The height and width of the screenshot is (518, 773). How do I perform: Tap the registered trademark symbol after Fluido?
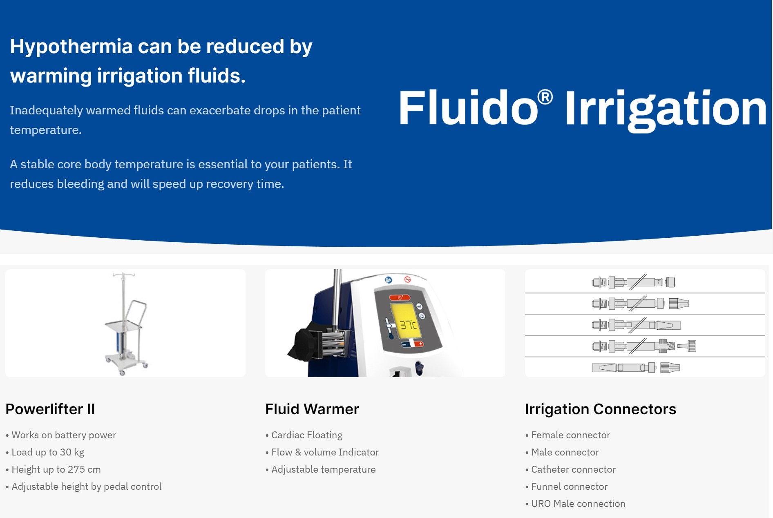pyautogui.click(x=545, y=98)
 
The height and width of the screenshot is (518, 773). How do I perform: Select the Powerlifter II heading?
pyautogui.click(x=50, y=409)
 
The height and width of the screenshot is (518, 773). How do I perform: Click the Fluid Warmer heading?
pyautogui.click(x=312, y=409)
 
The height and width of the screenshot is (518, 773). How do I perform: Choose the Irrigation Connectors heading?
pyautogui.click(x=601, y=409)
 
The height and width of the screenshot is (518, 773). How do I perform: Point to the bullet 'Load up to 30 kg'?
pyautogui.click(x=45, y=452)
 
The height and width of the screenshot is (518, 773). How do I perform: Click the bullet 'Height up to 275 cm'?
pyautogui.click(x=53, y=469)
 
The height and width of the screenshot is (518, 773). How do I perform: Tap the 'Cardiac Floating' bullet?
pyautogui.click(x=304, y=435)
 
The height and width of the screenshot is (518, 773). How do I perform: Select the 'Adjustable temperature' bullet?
pyautogui.click(x=320, y=469)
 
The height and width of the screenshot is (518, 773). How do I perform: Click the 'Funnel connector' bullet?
pyautogui.click(x=566, y=487)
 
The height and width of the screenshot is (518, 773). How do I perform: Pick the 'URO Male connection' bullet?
pyautogui.click(x=575, y=504)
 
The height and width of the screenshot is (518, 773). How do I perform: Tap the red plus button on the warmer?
pyautogui.click(x=420, y=344)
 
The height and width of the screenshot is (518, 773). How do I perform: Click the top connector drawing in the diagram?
pyautogui.click(x=633, y=282)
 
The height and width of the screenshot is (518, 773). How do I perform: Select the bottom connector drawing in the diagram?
pyautogui.click(x=636, y=368)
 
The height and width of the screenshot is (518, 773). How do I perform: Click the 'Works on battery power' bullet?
pyautogui.click(x=61, y=435)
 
